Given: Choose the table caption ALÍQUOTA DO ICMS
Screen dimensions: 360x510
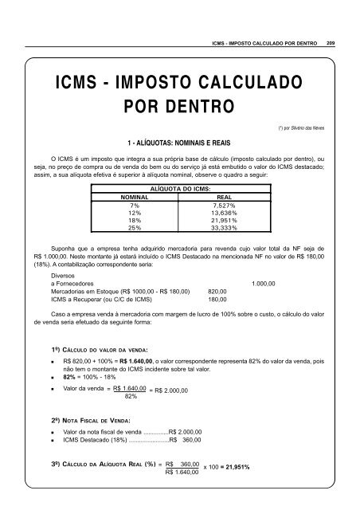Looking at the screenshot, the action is click(x=180, y=186).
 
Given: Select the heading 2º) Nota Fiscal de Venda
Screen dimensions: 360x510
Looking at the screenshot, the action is click(x=95, y=418).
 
